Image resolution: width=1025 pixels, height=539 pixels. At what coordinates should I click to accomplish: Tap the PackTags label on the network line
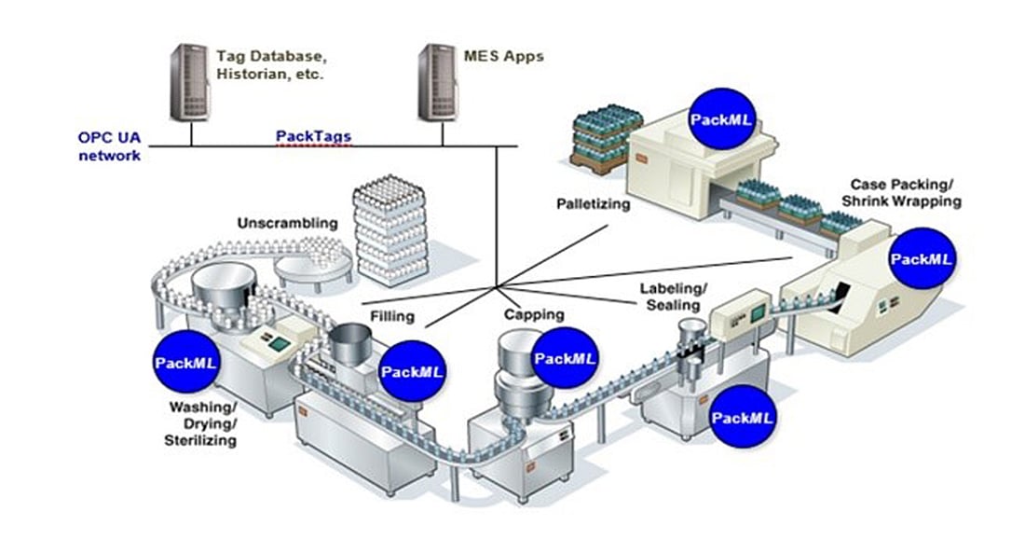(x=314, y=136)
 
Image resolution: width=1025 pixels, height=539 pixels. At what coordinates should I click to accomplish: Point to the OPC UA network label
(x=109, y=146)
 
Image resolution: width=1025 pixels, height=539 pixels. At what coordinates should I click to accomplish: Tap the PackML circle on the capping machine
(x=565, y=358)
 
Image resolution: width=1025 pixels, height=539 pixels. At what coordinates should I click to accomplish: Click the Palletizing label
(x=594, y=202)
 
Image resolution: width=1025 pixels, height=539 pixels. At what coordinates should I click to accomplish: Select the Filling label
(x=393, y=316)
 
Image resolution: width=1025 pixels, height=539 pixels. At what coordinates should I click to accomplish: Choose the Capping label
(x=534, y=314)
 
